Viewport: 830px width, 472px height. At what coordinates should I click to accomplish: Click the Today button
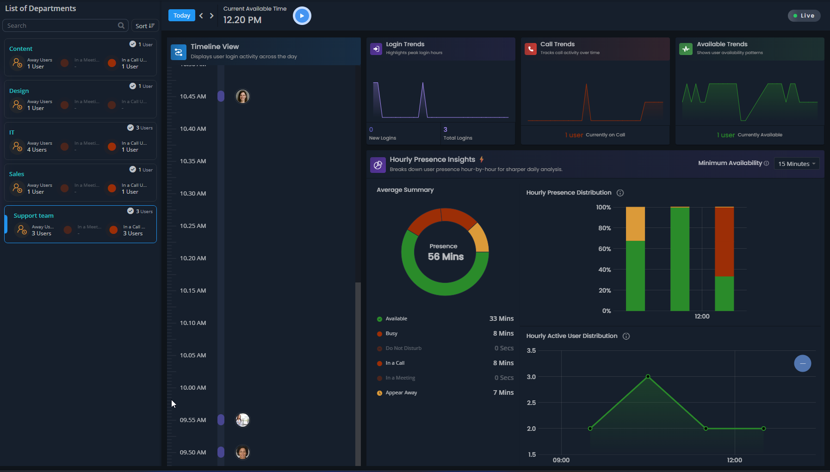click(x=181, y=16)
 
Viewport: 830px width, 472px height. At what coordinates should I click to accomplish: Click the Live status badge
click(x=804, y=16)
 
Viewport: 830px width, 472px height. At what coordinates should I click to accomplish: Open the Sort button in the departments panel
click(x=145, y=26)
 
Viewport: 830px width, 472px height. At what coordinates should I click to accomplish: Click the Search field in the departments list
click(x=60, y=26)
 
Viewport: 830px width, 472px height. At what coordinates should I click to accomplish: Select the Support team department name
click(x=34, y=216)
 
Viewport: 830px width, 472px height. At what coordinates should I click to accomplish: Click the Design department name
click(x=19, y=91)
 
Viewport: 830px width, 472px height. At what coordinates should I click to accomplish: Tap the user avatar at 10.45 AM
click(x=242, y=97)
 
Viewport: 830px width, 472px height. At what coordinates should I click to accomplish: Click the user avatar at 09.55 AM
click(x=242, y=420)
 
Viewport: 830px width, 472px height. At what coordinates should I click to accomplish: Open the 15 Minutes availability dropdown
click(x=796, y=164)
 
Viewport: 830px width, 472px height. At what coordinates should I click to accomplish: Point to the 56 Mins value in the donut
click(x=446, y=257)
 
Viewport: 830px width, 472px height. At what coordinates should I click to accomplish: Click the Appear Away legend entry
click(x=401, y=393)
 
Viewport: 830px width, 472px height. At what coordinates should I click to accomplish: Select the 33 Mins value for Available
click(x=502, y=319)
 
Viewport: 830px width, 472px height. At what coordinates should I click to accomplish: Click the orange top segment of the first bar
click(x=635, y=224)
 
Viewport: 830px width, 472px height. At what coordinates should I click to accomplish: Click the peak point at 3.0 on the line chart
click(x=648, y=376)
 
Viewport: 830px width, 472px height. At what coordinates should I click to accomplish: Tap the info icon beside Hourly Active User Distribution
click(x=626, y=336)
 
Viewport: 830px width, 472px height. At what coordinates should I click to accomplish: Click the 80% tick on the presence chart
click(x=604, y=228)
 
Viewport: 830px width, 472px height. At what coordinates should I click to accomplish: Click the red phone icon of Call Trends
click(x=530, y=49)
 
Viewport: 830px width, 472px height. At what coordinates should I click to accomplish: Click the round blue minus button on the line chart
click(x=802, y=363)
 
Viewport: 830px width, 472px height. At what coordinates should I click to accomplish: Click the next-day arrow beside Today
click(x=212, y=16)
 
